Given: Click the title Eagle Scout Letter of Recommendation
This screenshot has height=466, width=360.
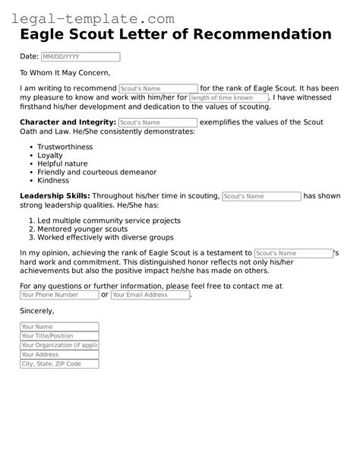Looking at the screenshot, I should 175,35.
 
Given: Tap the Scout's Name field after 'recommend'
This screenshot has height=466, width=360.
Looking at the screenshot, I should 158,89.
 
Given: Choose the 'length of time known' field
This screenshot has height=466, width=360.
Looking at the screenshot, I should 229,98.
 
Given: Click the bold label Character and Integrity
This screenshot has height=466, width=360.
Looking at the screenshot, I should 68,122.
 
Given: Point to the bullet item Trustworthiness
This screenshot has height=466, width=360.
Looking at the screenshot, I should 65,147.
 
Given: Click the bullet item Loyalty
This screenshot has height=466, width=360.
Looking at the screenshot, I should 51,155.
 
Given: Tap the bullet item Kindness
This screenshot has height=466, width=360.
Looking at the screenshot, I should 53,180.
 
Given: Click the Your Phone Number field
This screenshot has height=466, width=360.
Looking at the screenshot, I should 59,295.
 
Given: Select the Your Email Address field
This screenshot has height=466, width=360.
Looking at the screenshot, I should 150,295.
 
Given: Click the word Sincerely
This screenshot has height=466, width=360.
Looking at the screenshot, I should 37,311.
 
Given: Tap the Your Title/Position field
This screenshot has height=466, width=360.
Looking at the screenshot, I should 59,336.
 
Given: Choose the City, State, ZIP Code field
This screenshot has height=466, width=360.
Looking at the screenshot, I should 59,364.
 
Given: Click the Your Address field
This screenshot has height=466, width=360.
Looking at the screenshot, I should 59,354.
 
